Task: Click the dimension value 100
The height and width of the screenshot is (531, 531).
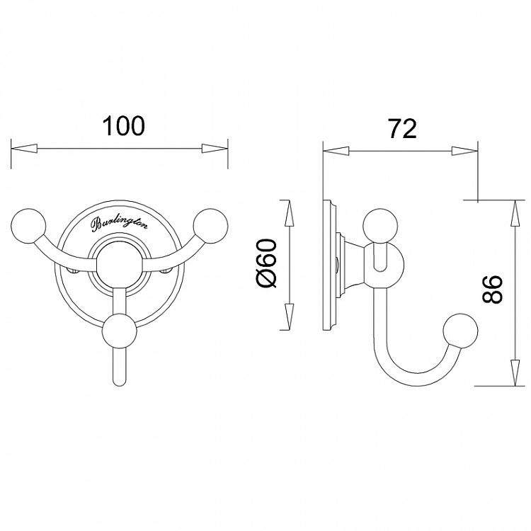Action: (123, 125)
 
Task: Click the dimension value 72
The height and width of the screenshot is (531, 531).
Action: (401, 128)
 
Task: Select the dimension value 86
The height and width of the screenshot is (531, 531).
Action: (493, 289)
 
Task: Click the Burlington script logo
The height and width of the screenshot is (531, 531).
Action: (120, 224)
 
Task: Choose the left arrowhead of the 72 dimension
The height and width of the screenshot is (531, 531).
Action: (336, 151)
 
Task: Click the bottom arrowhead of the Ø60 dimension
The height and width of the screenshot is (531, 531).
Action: (287, 318)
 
